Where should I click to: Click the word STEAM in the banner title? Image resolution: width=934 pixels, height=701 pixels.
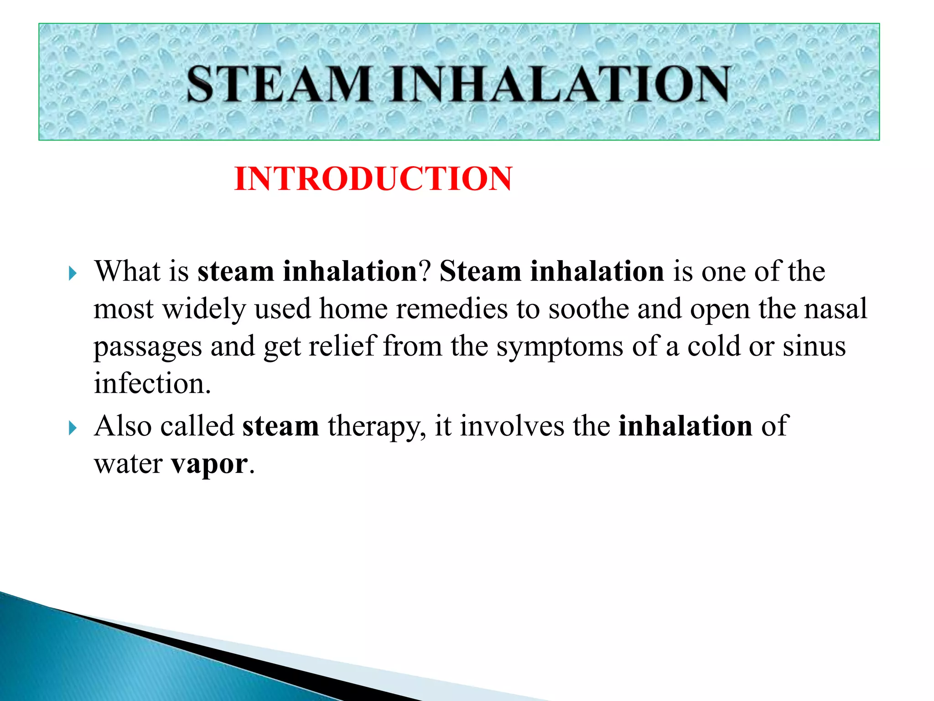point(279,84)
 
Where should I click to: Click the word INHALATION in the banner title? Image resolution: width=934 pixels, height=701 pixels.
point(560,84)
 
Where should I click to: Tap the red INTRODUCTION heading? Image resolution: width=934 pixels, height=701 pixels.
point(373,178)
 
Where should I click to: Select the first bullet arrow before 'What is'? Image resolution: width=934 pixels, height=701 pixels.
point(73,274)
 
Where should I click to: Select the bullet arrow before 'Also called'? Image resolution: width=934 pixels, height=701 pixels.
point(73,428)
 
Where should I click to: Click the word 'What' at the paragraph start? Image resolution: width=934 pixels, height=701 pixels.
point(127,271)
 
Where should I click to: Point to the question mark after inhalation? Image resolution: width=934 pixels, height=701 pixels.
point(425,271)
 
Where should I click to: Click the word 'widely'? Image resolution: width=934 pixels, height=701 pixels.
point(204,309)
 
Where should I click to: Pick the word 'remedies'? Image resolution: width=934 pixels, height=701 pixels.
point(451,309)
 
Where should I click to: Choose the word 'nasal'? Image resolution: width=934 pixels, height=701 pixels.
point(835,309)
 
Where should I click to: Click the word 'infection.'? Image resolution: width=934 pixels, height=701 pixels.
point(152,383)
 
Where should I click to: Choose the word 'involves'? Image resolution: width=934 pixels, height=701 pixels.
point(512,426)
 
